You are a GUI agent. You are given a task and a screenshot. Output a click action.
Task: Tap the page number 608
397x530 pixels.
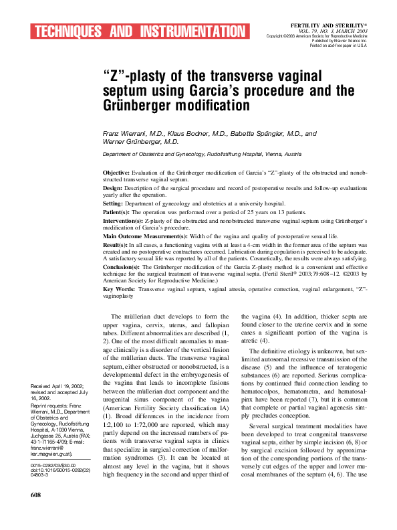(x=36, y=513)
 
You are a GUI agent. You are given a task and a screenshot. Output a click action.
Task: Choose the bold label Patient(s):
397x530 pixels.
(x=121, y=211)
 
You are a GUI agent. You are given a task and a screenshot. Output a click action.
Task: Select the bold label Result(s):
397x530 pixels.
(x=120, y=245)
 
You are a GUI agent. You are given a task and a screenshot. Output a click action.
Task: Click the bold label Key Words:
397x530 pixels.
(x=121, y=289)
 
